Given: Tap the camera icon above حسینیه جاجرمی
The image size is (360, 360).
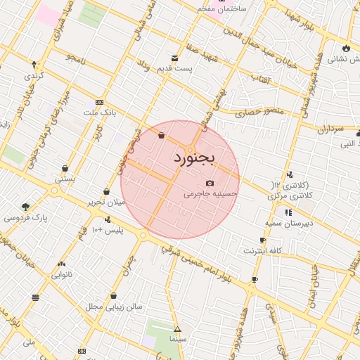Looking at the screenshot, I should pos(210,184).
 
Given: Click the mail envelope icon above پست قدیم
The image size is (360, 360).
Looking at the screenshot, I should pos(174,58).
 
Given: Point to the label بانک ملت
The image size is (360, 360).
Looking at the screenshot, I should pos(98,112).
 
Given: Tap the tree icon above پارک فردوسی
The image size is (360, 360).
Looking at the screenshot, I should pos(26,207).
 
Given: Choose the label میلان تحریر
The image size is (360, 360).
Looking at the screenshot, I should pos(105,202).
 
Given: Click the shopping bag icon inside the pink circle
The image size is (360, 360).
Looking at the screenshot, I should pos(162,135).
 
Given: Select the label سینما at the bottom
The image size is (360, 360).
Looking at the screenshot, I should pos(177,339).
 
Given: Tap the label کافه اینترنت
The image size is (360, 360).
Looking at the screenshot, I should pos(263,250).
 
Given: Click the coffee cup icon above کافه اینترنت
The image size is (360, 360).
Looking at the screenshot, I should pos(262,240).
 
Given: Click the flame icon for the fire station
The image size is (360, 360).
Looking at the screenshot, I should pos(345,48).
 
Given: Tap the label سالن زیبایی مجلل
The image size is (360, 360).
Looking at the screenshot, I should pos(114,307).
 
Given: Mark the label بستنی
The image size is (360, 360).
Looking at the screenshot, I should pos(65,179).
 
